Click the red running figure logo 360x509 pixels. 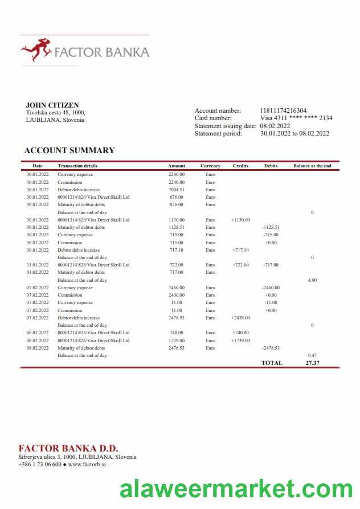click(x=36, y=50)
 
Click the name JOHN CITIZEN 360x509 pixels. click(x=52, y=105)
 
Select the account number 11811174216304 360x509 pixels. click(x=283, y=110)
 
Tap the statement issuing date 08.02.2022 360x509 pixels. click(x=275, y=126)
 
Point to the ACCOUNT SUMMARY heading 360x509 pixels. click(x=69, y=150)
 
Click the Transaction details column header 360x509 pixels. click(x=77, y=166)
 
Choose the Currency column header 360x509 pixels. click(x=210, y=166)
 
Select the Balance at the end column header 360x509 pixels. click(x=312, y=166)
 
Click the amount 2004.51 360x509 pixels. click(x=177, y=190)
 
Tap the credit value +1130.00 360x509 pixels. click(x=240, y=220)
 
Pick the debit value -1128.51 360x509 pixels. click(x=271, y=227)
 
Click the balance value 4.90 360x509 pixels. click(x=312, y=280)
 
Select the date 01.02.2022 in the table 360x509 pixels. click(x=38, y=272)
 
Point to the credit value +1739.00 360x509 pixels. click(x=240, y=340)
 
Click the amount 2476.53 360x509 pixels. click(x=177, y=348)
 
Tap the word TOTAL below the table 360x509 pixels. click(x=272, y=363)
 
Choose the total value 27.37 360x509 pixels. click(x=312, y=363)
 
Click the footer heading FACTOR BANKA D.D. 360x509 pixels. click(x=68, y=448)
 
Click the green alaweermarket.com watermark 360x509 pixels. click(x=236, y=489)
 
